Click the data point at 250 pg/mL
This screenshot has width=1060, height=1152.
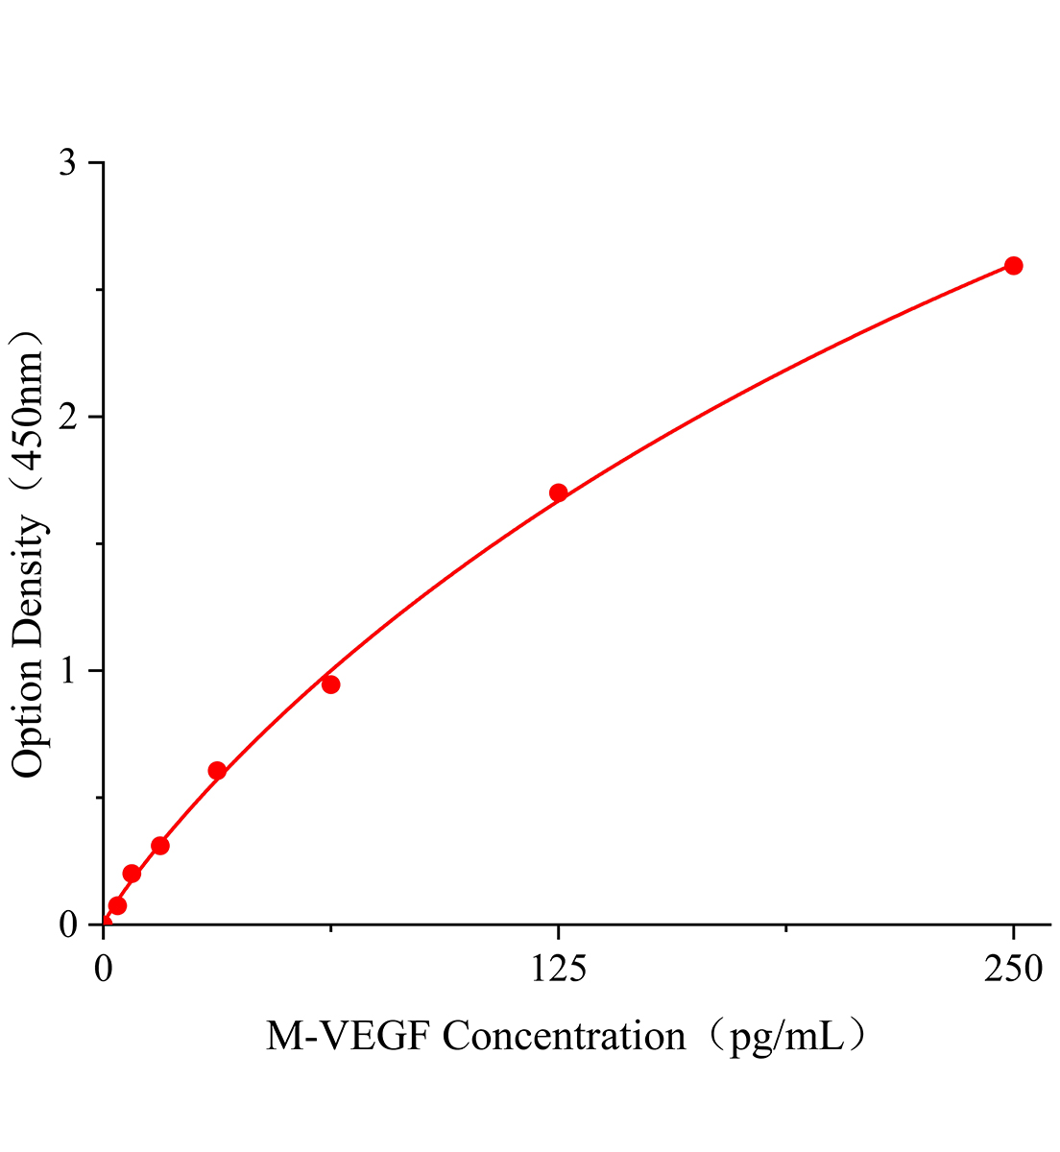[x=1013, y=266]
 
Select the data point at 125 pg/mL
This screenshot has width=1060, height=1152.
[x=558, y=493]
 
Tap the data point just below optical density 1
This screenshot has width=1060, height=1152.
[x=330, y=684]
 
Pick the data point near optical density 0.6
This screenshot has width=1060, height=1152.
[x=217, y=771]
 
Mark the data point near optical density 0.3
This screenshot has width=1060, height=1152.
[x=160, y=846]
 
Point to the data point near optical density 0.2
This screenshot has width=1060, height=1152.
[x=132, y=874]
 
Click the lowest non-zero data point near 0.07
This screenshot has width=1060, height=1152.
[x=117, y=905]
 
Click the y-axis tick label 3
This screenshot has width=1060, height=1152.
[x=67, y=163]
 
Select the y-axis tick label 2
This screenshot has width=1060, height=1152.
[x=67, y=417]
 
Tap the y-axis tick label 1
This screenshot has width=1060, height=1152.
[x=67, y=670]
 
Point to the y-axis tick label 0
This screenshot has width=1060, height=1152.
[x=67, y=924]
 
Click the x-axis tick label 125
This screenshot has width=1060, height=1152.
[x=558, y=971]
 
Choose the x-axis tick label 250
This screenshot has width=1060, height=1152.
[x=1013, y=971]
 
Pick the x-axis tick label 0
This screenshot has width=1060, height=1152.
[x=104, y=971]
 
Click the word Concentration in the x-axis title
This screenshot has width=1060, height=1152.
[x=565, y=1037]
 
